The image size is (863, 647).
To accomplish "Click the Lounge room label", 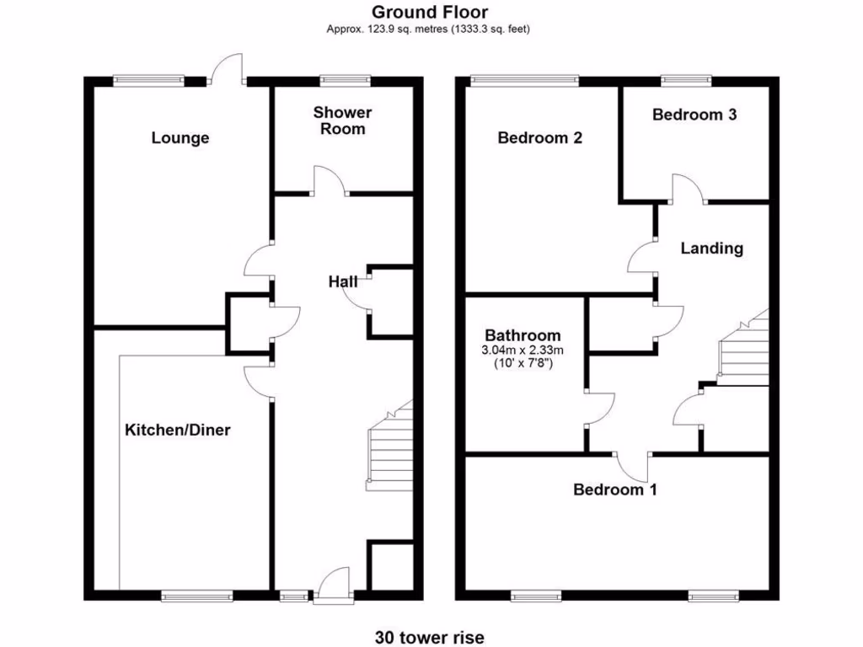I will (180, 138).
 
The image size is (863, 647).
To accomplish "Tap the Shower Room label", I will (342, 120).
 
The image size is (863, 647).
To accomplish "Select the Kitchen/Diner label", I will (178, 430).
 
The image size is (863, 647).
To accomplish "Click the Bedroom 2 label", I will (540, 138).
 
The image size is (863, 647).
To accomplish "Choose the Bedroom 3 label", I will (694, 115).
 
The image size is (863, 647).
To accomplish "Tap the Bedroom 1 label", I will (615, 489).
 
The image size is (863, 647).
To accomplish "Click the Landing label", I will (712, 249).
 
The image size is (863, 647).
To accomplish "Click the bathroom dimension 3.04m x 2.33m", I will (522, 350).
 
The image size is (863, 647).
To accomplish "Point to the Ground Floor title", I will (430, 12).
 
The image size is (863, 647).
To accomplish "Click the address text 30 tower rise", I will (430, 637).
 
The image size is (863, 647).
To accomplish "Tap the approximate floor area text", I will (430, 29).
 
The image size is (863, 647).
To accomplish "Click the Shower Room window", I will (345, 80).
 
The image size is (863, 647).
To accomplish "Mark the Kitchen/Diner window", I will (197, 596).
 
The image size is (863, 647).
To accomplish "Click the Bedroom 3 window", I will (686, 80).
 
